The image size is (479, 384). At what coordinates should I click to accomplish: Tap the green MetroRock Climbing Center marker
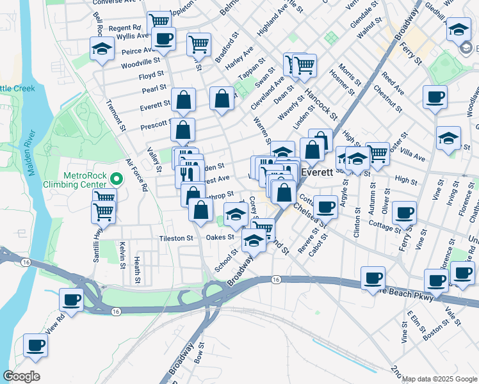pyautogui.click(x=116, y=179)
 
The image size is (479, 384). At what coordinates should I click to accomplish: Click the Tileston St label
pyautogui.click(x=176, y=238)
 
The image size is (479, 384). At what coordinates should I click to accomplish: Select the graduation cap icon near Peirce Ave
pyautogui.click(x=101, y=49)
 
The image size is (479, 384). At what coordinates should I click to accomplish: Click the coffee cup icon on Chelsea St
pyautogui.click(x=325, y=207)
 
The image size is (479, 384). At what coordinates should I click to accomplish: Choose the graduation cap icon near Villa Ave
pyautogui.click(x=448, y=137)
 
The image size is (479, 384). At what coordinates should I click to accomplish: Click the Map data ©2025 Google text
pyautogui.click(x=439, y=379)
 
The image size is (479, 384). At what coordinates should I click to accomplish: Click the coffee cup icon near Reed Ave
pyautogui.click(x=435, y=97)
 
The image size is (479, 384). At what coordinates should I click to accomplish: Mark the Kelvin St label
pyautogui.click(x=120, y=253)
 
